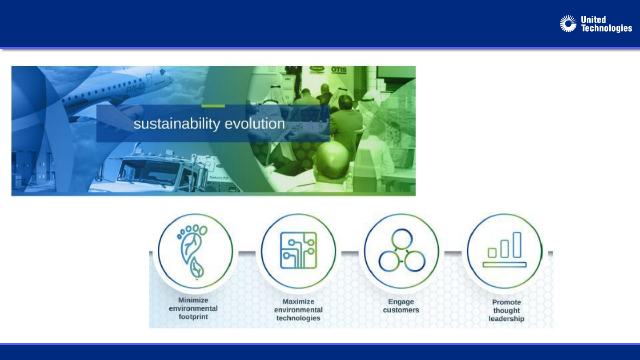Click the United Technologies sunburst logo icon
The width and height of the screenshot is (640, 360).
[568, 24]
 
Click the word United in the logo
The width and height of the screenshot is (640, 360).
[593, 20]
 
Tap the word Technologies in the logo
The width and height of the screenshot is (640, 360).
[606, 28]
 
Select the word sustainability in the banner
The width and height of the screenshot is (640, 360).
[177, 124]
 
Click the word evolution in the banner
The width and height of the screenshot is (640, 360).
[255, 124]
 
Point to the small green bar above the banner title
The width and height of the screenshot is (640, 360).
[213, 106]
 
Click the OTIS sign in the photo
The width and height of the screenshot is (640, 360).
[339, 69]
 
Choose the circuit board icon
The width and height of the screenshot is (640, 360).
[298, 250]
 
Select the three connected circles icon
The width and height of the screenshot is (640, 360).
[402, 250]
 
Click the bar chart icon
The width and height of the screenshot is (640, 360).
[504, 249]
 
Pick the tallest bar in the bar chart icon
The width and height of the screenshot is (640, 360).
[517, 245]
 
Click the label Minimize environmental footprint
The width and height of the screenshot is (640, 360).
[193, 308]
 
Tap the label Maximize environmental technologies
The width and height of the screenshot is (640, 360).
[298, 310]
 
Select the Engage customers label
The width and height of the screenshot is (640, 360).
[401, 306]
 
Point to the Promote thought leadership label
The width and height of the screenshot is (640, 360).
[506, 310]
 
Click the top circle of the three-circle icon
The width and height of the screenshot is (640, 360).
[402, 239]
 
